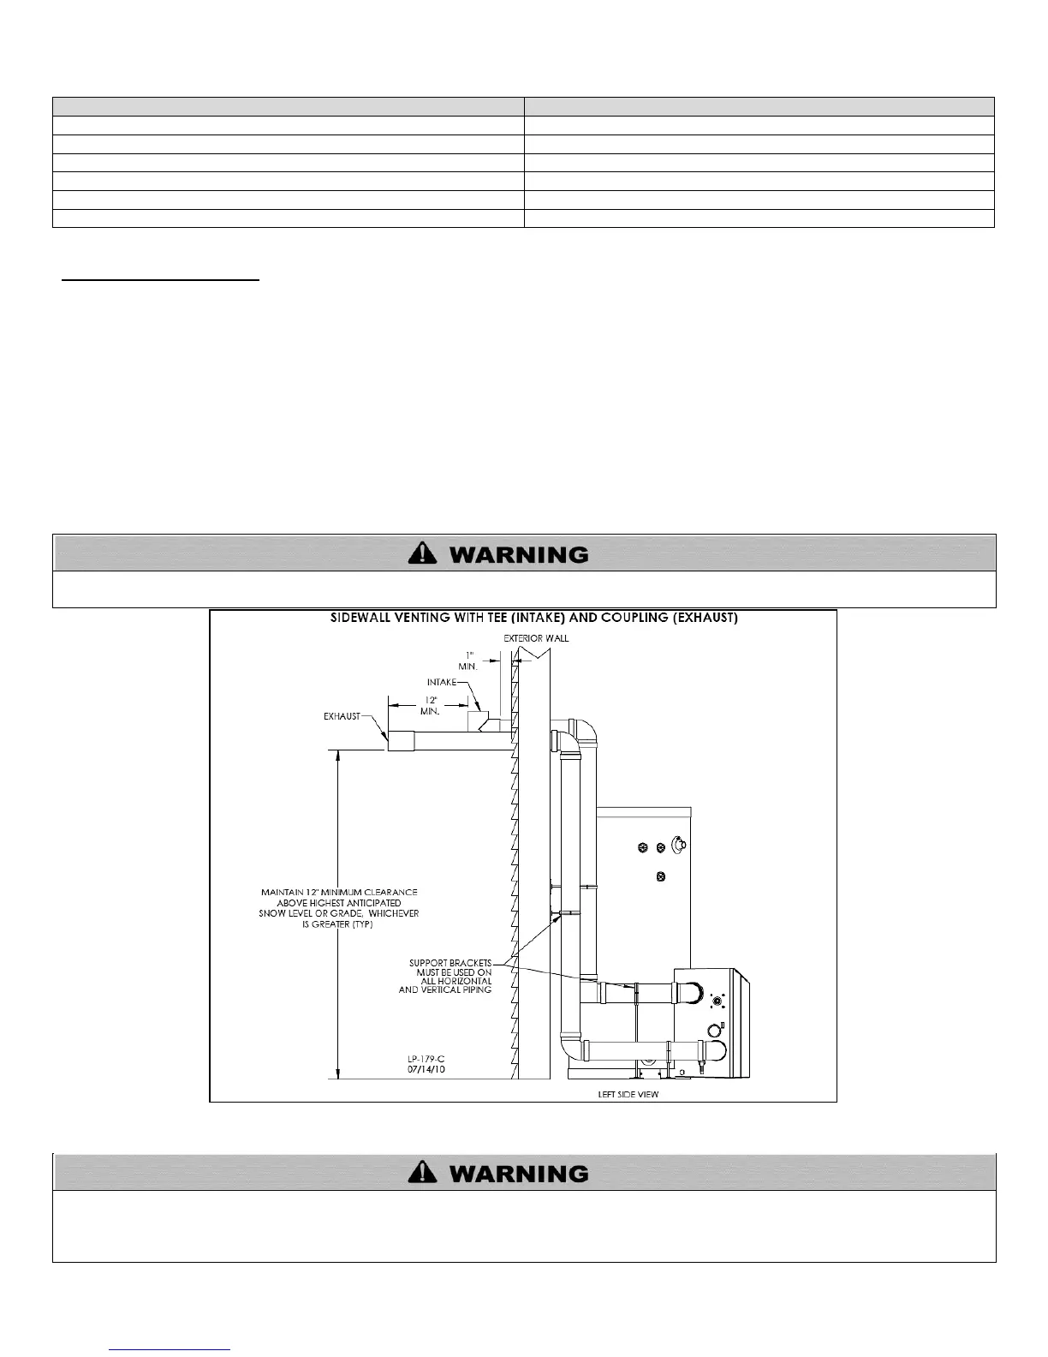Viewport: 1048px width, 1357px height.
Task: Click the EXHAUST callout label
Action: pyautogui.click(x=342, y=716)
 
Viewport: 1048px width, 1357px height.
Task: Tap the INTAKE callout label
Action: pyautogui.click(x=441, y=682)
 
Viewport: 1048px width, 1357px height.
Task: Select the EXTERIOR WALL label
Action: pyautogui.click(x=536, y=638)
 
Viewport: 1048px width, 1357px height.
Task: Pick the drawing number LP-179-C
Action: pyautogui.click(x=426, y=1060)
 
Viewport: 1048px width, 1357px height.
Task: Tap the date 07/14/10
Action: pyautogui.click(x=426, y=1070)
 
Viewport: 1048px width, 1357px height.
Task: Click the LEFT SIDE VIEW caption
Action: pyautogui.click(x=628, y=1094)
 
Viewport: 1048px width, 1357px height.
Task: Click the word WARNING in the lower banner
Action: pyautogui.click(x=519, y=1174)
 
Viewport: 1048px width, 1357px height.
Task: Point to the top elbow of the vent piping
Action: pyautogui.click(x=581, y=733)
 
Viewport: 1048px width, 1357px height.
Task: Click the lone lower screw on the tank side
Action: pyautogui.click(x=660, y=876)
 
